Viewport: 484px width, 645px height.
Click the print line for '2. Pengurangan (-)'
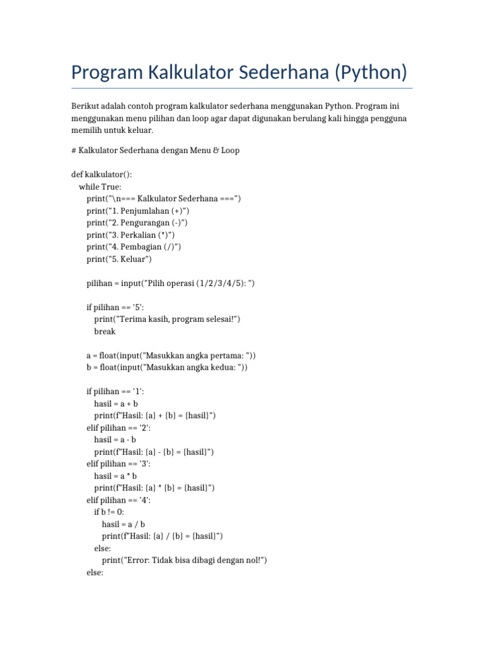[137, 222]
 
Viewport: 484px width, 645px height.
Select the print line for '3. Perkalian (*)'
[130, 234]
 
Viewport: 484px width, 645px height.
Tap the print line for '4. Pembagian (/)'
[134, 246]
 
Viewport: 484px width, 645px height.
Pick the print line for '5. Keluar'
[119, 259]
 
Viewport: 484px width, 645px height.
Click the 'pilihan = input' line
[170, 283]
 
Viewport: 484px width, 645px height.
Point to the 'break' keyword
[105, 331]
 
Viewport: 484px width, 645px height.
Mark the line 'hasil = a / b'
[124, 524]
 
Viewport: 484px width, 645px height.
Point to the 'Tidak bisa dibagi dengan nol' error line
[185, 560]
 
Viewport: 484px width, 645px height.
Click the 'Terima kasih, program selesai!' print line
[167, 319]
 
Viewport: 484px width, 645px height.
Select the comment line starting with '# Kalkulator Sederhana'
[155, 151]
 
